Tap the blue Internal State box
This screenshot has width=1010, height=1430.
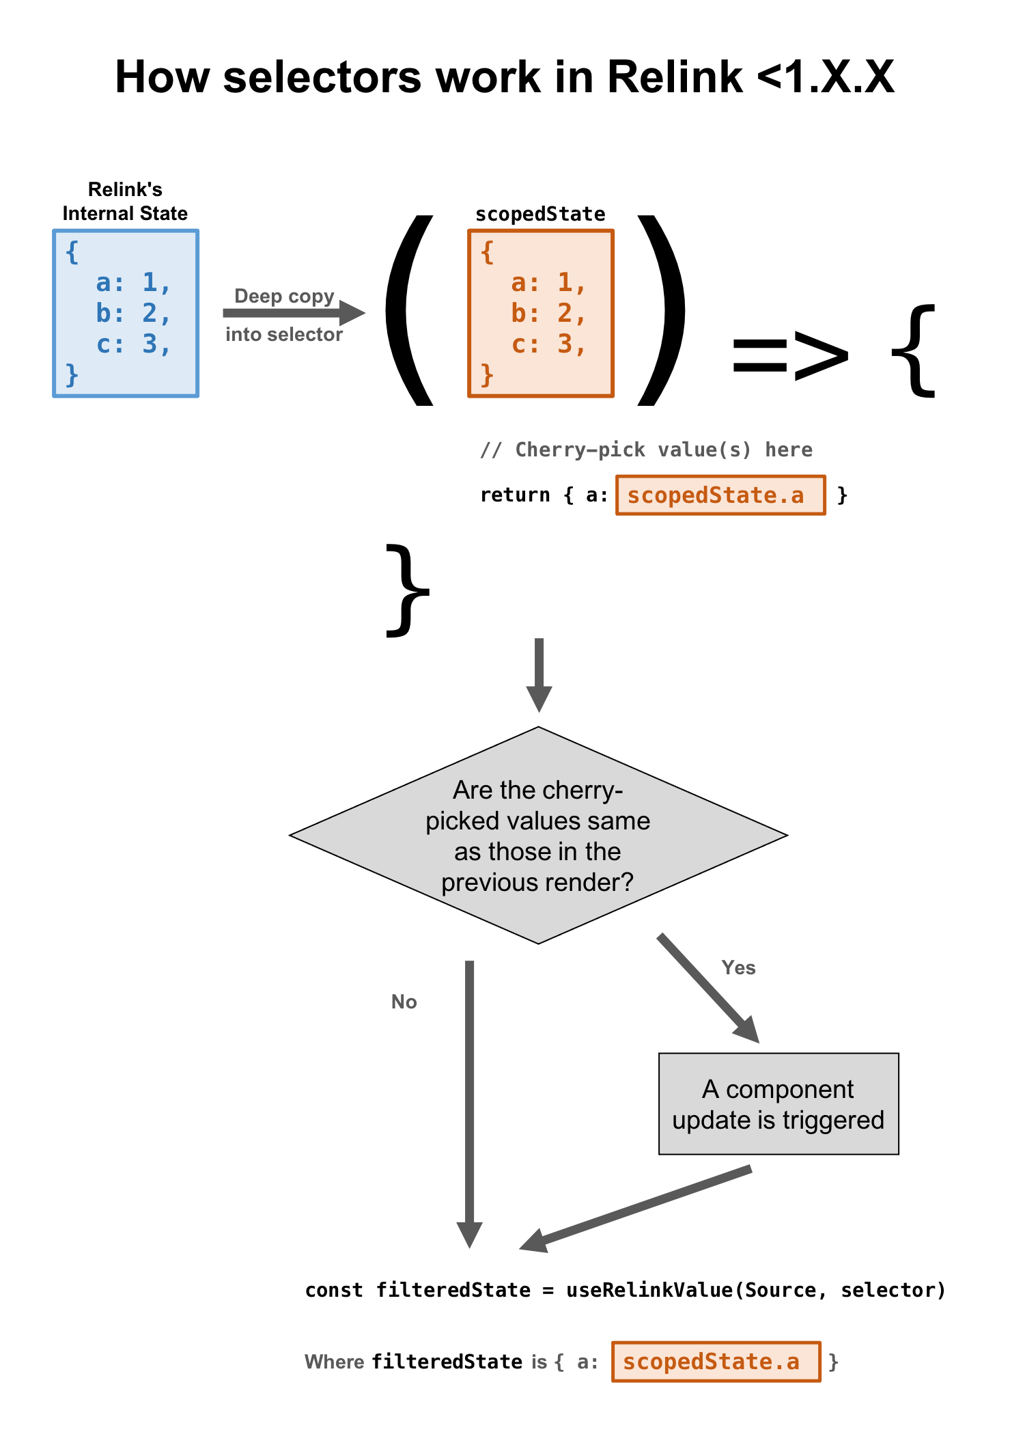click(126, 313)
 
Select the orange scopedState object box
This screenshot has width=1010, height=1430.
click(540, 313)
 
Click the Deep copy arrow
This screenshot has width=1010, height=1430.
click(294, 313)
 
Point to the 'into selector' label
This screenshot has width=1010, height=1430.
click(284, 334)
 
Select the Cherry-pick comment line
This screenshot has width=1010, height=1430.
click(646, 450)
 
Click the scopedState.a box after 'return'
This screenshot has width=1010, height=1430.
click(720, 495)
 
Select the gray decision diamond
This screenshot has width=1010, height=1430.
click(538, 835)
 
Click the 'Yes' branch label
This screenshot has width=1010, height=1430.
click(738, 967)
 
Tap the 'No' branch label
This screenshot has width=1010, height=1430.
click(404, 1002)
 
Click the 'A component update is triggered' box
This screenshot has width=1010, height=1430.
click(778, 1104)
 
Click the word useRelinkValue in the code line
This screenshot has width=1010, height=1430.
click(649, 1290)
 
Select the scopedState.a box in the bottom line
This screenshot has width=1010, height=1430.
click(716, 1362)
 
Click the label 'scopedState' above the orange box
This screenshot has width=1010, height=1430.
click(540, 215)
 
